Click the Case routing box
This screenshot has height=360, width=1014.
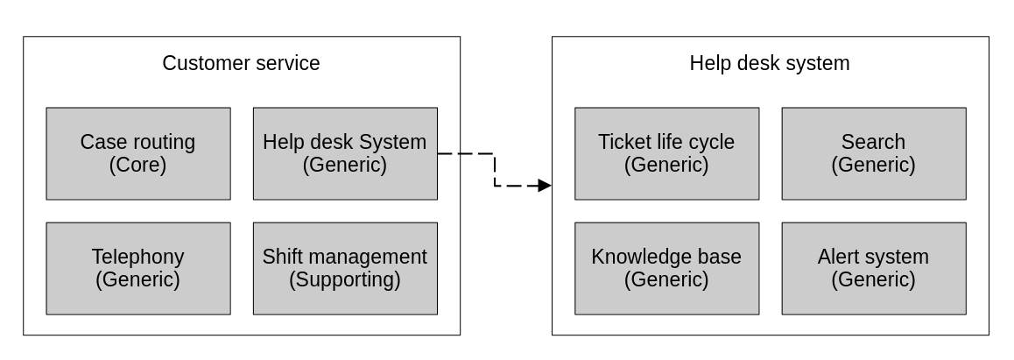138,153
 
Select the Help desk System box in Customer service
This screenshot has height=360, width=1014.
345,153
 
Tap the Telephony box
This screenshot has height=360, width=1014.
138,268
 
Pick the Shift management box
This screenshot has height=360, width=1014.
345,268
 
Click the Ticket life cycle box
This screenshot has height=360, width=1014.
666,153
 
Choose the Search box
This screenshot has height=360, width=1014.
873,153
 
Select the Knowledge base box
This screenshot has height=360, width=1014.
666,268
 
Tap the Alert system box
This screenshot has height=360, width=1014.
873,268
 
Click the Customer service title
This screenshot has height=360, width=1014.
241,63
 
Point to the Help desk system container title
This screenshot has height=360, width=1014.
769,63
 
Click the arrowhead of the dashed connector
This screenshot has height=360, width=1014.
545,186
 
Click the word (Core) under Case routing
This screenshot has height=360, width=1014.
137,165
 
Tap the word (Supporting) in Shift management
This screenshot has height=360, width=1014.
345,279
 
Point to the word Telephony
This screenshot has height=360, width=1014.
137,257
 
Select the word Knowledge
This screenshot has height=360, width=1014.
634,257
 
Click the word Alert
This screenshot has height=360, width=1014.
838,257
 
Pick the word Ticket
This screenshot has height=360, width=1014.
623,142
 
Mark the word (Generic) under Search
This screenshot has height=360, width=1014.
873,165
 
